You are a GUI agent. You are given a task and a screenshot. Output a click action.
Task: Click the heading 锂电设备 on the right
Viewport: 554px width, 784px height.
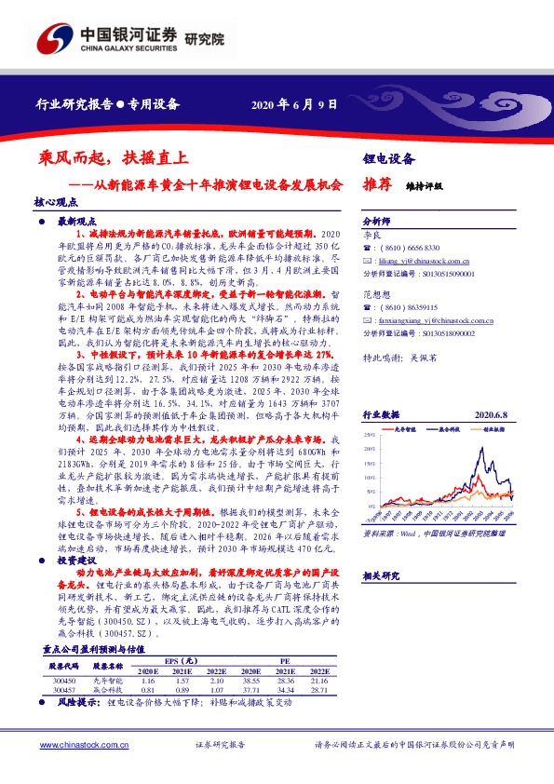coord(388,159)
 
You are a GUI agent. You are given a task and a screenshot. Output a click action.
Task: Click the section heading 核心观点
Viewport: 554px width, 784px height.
coord(53,201)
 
